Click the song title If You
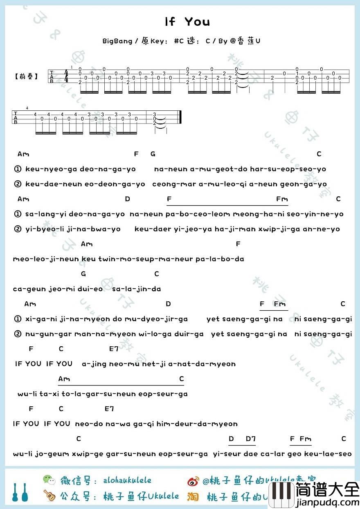point(187,22)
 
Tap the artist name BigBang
point(117,41)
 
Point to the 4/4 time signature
point(66,76)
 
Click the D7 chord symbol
point(250,439)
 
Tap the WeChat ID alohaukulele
point(127,480)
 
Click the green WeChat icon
point(49,480)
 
